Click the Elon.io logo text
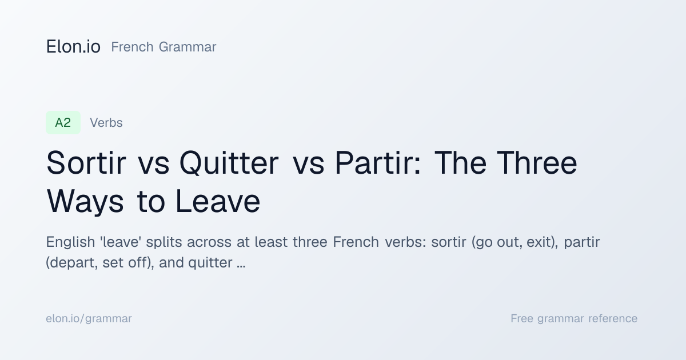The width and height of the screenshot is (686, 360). tap(73, 47)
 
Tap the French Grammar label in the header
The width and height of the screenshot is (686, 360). tap(163, 47)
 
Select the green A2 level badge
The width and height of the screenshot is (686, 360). tap(63, 123)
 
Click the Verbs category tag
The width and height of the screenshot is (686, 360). tap(106, 123)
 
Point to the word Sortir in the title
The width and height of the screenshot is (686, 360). tap(86, 163)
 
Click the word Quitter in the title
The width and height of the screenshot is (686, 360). tap(229, 163)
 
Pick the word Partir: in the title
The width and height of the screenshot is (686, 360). tap(378, 163)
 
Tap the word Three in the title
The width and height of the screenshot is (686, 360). tap(537, 163)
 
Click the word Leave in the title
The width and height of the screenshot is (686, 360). tap(218, 201)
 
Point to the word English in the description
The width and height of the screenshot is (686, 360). tap(70, 242)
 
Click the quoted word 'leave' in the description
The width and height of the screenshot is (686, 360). tap(121, 242)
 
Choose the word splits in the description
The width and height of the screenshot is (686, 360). tap(164, 242)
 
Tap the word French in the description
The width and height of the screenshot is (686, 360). tap(356, 242)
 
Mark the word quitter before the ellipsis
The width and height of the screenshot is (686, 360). tap(210, 263)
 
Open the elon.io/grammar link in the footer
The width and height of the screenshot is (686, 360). tap(89, 319)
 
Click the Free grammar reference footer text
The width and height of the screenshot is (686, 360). tap(574, 319)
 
